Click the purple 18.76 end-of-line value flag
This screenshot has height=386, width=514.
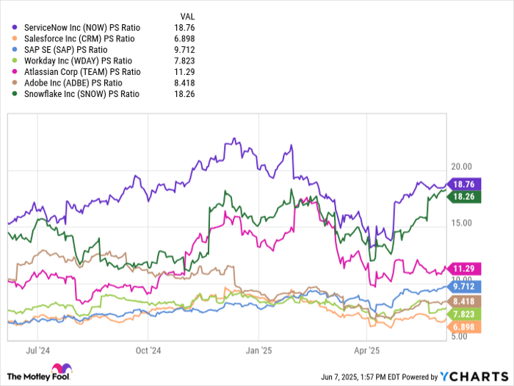(466, 185)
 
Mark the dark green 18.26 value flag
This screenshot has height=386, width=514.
(466, 197)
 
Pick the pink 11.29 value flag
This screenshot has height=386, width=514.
(466, 268)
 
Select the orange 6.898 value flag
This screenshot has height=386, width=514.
(466, 325)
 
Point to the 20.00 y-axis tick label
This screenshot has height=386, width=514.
(461, 166)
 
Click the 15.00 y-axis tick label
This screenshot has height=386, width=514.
(461, 223)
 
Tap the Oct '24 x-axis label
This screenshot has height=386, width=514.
(148, 350)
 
